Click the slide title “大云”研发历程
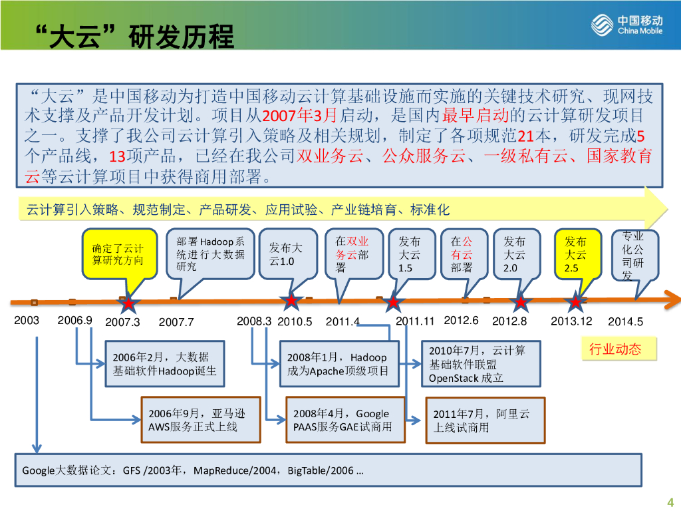(x=134, y=36)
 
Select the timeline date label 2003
(x=27, y=321)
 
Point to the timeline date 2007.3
(x=123, y=322)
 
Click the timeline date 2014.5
(x=626, y=322)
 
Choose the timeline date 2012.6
(x=461, y=321)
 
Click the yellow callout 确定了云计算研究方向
(x=118, y=254)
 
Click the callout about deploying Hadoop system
(x=210, y=254)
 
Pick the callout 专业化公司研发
(x=633, y=255)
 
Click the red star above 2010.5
(x=291, y=301)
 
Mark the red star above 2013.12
(x=575, y=303)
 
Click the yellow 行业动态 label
(x=615, y=349)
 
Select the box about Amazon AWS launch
(x=200, y=420)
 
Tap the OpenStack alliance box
(x=481, y=364)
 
